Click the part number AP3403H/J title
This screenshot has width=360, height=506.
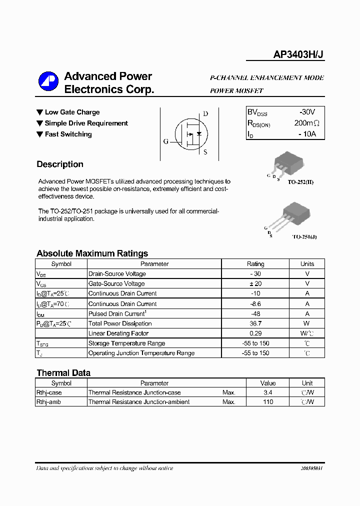point(298,55)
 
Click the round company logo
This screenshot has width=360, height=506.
point(48,82)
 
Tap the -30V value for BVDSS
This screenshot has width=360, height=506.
point(304,112)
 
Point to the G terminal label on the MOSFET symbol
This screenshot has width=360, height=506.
point(165,141)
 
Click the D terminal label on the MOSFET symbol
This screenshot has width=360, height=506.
point(205,114)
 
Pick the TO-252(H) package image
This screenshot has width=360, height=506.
point(288,163)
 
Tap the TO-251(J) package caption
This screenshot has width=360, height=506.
point(304,236)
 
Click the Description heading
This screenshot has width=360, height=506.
point(60,164)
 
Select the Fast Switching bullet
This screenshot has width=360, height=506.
point(68,134)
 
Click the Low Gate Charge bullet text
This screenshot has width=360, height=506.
point(72,112)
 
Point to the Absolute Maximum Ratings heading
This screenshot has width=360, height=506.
point(92,253)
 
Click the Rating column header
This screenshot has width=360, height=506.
point(255,264)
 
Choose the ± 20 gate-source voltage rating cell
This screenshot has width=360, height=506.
point(255,283)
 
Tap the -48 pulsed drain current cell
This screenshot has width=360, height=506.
point(255,313)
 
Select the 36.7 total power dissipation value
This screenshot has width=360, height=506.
point(255,323)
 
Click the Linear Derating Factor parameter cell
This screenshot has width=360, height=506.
point(118,333)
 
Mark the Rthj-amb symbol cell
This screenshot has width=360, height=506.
point(49,402)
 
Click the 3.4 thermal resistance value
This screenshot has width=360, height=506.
point(268,392)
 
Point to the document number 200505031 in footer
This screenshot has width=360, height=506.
point(311,468)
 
